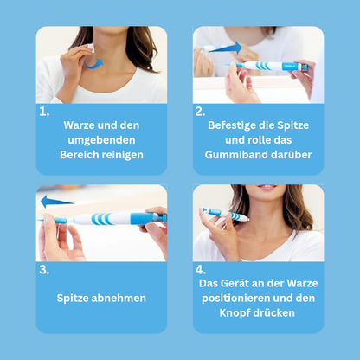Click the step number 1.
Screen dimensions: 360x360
click(x=44, y=112)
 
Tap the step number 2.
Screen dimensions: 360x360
click(x=200, y=112)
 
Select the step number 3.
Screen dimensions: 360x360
click(x=44, y=270)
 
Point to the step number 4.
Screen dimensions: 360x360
click(x=201, y=270)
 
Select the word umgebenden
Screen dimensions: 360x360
click(x=101, y=140)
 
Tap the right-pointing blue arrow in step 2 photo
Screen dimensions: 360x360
click(x=224, y=48)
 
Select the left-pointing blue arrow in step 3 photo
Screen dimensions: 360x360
click(x=57, y=202)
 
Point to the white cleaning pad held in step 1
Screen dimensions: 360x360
click(x=91, y=48)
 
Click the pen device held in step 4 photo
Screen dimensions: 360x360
click(x=225, y=214)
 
